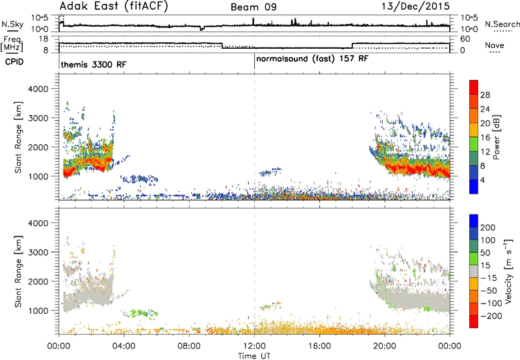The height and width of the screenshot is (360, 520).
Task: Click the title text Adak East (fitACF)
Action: [114, 6]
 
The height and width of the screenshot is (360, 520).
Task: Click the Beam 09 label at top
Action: [253, 7]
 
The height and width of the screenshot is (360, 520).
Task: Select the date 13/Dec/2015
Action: [415, 6]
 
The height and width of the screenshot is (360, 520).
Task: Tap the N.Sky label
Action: [12, 24]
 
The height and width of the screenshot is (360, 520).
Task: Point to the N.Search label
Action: [502, 24]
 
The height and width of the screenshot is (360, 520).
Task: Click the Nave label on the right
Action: [495, 45]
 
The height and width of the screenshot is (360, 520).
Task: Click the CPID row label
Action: [14, 62]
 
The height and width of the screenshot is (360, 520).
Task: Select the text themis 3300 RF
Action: [94, 64]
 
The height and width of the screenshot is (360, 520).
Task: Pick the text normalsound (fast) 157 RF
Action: [312, 59]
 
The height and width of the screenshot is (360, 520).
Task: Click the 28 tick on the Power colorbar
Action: [485, 95]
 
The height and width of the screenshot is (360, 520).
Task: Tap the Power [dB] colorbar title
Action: [496, 137]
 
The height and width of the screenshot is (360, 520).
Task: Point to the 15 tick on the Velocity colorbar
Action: [485, 266]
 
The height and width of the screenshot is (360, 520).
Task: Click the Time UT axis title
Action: [254, 356]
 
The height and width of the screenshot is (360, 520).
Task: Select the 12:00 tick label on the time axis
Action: [254, 346]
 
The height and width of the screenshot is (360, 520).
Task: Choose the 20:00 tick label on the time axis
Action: [385, 346]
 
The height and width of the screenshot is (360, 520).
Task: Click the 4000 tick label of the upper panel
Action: [38, 89]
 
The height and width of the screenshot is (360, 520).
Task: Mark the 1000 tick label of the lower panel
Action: [38, 311]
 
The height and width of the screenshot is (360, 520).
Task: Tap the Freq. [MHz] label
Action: [12, 44]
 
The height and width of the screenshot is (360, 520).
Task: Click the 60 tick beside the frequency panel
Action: [465, 39]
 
